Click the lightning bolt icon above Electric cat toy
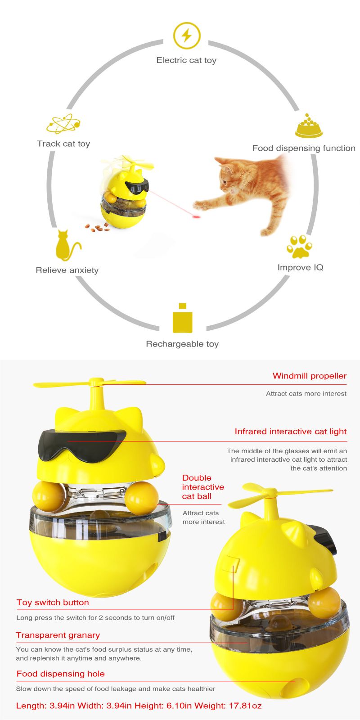pos(186,36)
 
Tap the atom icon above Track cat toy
pos(63,124)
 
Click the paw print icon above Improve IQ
pos(299,247)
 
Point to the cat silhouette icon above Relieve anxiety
pos(67,245)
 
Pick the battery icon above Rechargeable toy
pos(183,318)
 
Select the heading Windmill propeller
pos(310,376)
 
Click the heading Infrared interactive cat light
pos(291,432)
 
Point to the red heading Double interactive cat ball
pos(203,487)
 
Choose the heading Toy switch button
pos(53,603)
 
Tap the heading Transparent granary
pos(58,635)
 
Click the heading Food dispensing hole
pos(60,674)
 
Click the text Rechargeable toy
pos(182,344)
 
